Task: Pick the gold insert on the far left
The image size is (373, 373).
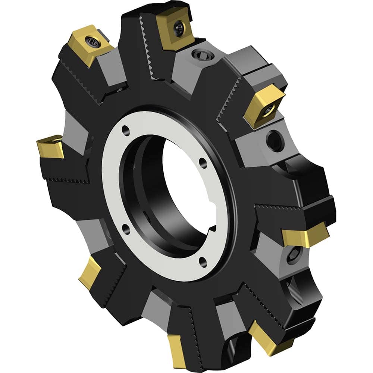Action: pos(50,145)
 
